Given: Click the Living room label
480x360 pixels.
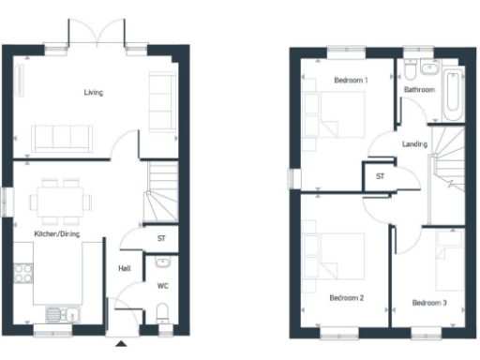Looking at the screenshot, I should tap(93, 92).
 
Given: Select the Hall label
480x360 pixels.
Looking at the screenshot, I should tap(124, 269).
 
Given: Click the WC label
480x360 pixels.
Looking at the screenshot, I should tap(162, 285).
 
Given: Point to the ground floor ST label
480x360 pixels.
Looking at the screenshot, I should tap(161, 239).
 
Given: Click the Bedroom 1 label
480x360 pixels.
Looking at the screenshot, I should tap(351, 81).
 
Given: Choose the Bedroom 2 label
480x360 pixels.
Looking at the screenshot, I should tap(346, 298).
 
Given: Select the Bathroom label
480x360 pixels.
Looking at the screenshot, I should tap(418, 90).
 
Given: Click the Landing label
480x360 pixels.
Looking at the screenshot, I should tap(414, 144).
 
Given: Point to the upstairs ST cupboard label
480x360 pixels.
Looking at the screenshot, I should tap(380, 175).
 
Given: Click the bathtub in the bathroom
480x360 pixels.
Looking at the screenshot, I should tap(455, 95).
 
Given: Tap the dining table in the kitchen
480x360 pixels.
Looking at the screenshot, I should tap(61, 200).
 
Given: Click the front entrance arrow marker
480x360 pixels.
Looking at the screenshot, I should tap(121, 345).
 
